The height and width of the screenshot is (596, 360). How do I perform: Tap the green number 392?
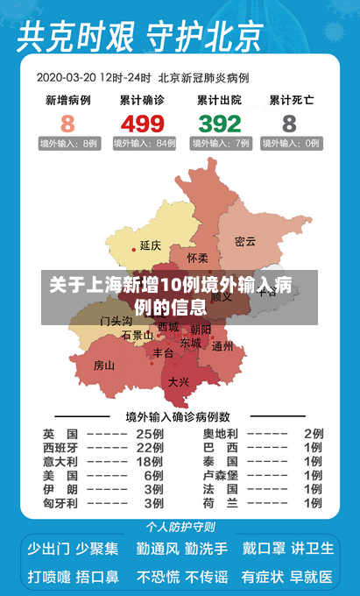tap(219, 123)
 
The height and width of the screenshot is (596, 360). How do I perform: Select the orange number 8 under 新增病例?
tap(67, 123)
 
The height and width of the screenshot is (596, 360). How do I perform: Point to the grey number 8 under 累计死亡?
tap(289, 123)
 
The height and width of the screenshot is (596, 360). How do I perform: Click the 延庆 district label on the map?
tap(150, 245)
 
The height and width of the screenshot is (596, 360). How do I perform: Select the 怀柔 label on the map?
tap(198, 259)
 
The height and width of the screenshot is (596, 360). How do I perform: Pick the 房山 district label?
tap(104, 365)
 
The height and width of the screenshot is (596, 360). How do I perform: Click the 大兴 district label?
tap(179, 381)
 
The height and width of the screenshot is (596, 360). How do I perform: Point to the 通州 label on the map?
tap(222, 346)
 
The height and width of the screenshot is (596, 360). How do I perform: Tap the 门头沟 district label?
tap(116, 321)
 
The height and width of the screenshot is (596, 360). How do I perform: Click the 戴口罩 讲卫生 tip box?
tap(288, 549)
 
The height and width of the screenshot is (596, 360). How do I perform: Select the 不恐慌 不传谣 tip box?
tap(181, 577)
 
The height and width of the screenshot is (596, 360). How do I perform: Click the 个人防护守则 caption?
tap(180, 527)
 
